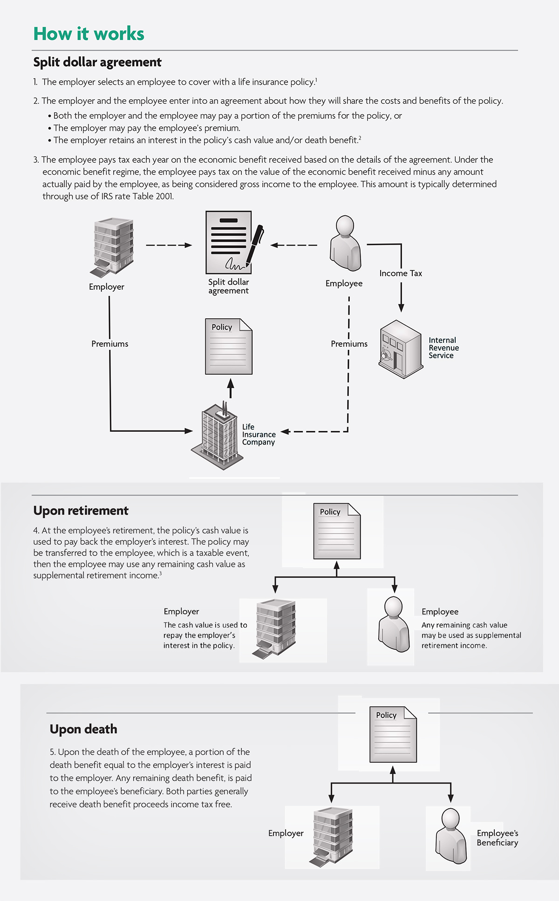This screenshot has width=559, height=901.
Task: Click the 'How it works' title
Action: (89, 34)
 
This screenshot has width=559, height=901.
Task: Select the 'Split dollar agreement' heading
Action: (97, 62)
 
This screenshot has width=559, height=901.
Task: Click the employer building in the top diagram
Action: (112, 247)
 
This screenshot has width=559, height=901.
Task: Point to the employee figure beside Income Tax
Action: (345, 243)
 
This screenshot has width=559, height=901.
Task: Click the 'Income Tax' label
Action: (401, 273)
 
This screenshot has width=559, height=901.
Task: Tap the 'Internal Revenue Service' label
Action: (444, 348)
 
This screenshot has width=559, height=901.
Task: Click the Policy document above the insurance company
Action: (229, 347)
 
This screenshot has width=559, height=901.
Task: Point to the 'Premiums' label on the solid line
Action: (110, 344)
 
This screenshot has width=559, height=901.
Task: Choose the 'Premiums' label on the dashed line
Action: (349, 344)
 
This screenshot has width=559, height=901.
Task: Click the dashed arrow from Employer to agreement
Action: (169, 245)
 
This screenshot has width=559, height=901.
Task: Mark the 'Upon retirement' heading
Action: (81, 511)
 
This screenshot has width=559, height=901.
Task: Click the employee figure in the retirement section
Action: (393, 625)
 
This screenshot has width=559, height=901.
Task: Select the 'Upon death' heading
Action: (83, 729)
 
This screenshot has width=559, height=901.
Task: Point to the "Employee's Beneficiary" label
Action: (498, 838)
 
